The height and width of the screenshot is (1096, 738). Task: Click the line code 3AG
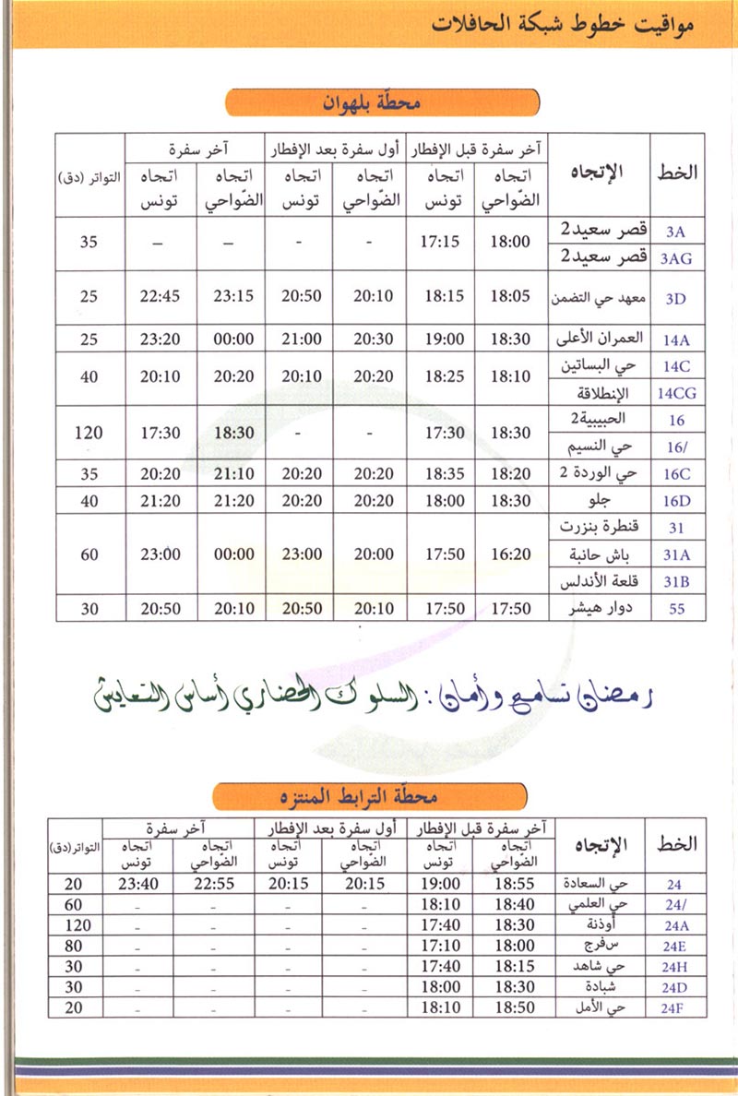(x=676, y=259)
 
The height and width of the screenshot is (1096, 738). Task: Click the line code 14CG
(x=677, y=393)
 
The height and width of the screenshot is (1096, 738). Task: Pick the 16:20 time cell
(x=511, y=554)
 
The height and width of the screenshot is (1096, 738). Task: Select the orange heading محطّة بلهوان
(x=382, y=103)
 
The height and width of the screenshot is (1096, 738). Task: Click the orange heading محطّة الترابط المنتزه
(x=370, y=796)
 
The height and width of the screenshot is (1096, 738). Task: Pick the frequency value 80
(x=74, y=945)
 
